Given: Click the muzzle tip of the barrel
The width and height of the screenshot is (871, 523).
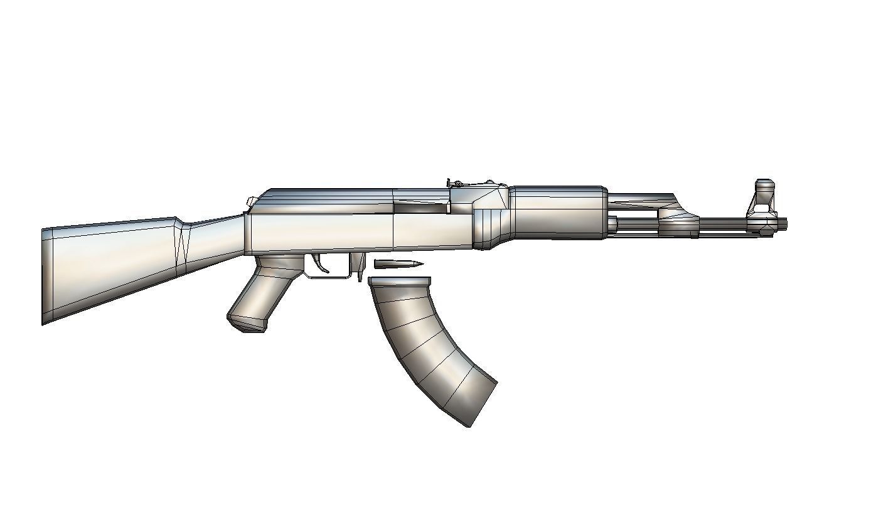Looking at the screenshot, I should click(x=784, y=224).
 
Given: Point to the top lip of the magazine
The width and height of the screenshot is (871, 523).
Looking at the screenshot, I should click(x=400, y=280).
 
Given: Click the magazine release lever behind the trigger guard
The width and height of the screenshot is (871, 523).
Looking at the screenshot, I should click(x=360, y=267).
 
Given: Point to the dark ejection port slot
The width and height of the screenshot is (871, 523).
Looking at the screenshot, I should click(x=420, y=207).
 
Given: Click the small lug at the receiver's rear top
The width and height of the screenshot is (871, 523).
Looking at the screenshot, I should click(x=250, y=201).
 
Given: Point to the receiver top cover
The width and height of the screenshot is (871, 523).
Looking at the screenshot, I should click(x=326, y=199).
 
